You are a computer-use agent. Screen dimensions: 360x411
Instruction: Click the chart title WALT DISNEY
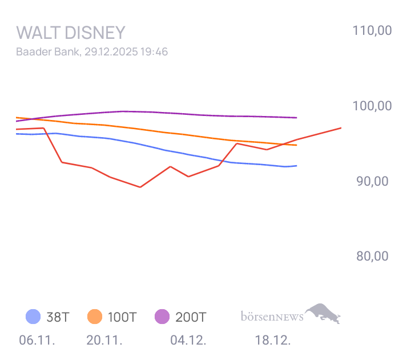coord(71,32)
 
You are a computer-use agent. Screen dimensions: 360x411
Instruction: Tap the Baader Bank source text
coord(48,51)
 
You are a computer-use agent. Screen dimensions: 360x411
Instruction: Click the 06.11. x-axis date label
coord(37,341)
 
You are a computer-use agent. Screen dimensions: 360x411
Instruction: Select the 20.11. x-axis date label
coord(104,341)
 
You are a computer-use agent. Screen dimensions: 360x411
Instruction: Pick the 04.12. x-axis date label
coord(188,341)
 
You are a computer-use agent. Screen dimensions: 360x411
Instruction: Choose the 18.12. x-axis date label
coord(273,341)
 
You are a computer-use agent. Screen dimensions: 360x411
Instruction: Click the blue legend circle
coord(33,317)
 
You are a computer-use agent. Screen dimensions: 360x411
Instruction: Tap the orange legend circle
coord(95,317)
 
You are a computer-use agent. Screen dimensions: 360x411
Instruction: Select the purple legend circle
coord(162,317)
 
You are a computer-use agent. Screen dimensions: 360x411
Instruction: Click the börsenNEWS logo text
coord(272,315)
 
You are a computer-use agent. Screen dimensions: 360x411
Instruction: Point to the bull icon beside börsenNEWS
coord(324,313)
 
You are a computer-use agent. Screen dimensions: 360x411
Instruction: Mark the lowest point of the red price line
coord(140,187)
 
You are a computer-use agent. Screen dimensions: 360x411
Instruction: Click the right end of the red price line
coord(341,128)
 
